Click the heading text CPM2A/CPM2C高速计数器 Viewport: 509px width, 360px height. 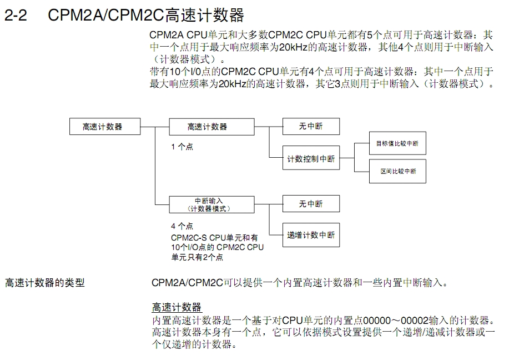[145, 15]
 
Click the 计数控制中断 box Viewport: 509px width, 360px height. [311, 159]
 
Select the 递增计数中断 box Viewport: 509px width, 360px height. [311, 235]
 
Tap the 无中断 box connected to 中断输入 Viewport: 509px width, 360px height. [311, 204]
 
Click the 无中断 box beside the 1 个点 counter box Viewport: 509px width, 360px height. [311, 127]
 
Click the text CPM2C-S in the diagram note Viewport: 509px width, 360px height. [188, 237]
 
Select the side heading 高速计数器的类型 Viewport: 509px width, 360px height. [45, 283]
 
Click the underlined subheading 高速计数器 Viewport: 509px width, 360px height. [177, 307]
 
